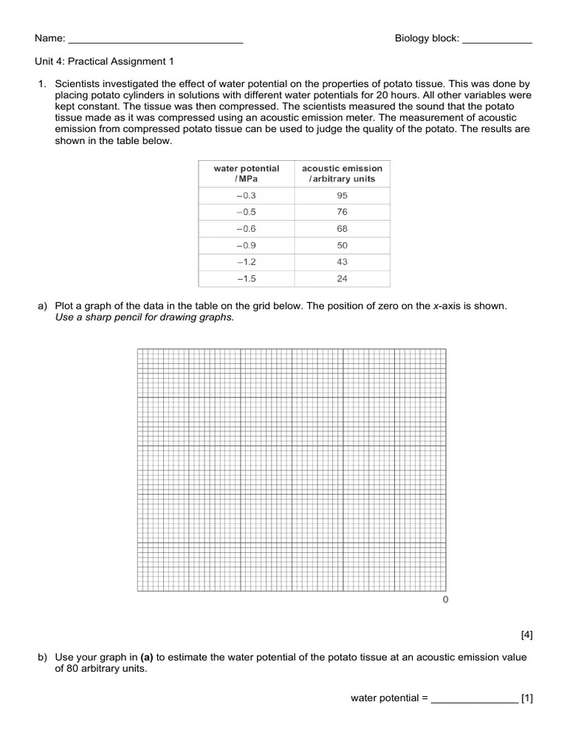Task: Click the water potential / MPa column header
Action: (247, 173)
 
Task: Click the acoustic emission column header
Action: (342, 173)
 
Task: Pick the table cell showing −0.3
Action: (247, 196)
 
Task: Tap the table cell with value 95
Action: (342, 196)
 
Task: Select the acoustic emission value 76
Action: (342, 213)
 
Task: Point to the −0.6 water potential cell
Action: (247, 229)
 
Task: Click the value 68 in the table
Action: (342, 229)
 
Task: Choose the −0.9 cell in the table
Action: (247, 245)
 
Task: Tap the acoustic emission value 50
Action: (342, 245)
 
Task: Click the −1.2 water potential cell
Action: (247, 262)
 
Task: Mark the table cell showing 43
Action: (342, 262)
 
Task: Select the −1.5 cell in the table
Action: (247, 279)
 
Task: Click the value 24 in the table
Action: (342, 279)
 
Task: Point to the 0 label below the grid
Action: (445, 599)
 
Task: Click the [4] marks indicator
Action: (526, 634)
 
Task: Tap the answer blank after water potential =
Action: (474, 698)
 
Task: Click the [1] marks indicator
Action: (526, 698)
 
